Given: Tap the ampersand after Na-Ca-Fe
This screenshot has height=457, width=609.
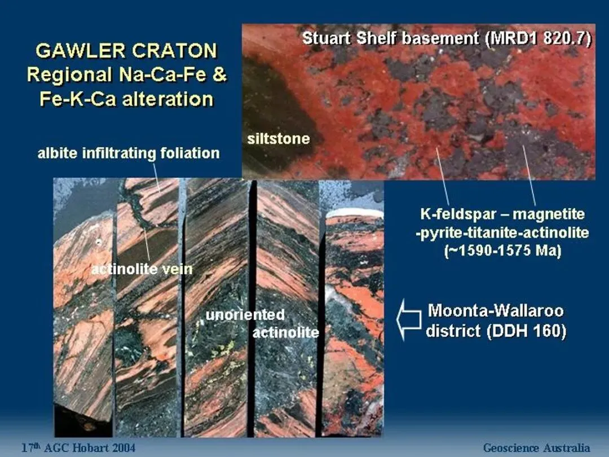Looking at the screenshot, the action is [x=219, y=74].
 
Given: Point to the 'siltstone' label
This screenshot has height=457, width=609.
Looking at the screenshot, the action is [x=279, y=139].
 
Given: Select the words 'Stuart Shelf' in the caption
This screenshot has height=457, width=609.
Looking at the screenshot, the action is [x=350, y=38].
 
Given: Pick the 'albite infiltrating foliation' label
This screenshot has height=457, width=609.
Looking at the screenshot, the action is [x=129, y=153].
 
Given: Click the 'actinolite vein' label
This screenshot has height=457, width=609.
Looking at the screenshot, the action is [x=142, y=269].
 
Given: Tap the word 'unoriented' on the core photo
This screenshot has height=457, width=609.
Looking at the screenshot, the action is [x=245, y=314].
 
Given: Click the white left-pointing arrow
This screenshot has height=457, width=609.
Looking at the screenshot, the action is [x=409, y=319].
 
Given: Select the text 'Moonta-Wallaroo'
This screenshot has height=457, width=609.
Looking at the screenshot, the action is [x=496, y=310].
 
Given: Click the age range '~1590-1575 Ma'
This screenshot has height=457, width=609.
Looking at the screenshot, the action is [x=502, y=251].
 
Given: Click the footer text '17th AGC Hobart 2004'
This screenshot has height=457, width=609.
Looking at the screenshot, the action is [x=78, y=447].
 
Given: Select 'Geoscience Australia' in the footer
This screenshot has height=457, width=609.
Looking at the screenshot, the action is [x=536, y=447].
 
